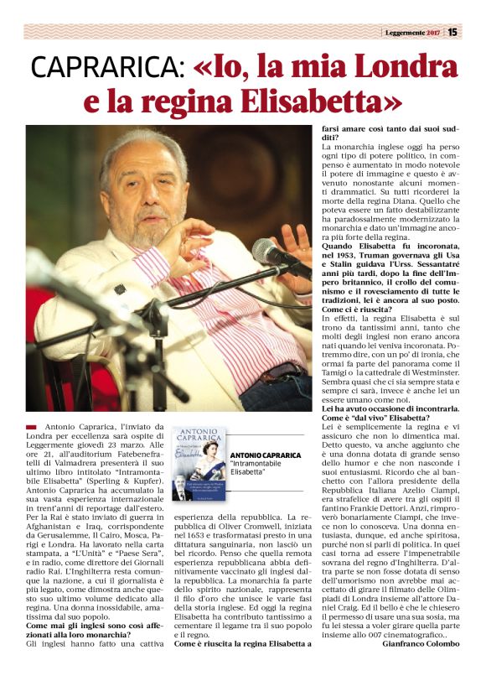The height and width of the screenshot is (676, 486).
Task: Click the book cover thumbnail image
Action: [199, 463]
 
